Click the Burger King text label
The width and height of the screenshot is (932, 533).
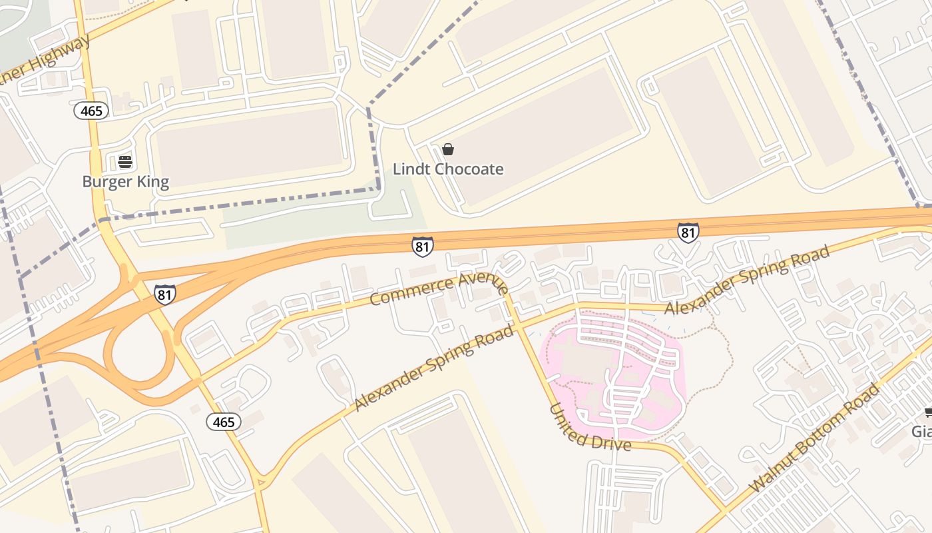(x=125, y=182)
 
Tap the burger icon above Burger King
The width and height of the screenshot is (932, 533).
(x=125, y=161)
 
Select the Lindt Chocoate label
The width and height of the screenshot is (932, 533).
(x=448, y=169)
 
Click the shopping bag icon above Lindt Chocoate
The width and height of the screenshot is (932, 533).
(x=448, y=149)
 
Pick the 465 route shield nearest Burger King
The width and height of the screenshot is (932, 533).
(x=91, y=111)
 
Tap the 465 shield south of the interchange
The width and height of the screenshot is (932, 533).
(x=223, y=422)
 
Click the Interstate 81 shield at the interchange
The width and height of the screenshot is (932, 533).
(x=165, y=294)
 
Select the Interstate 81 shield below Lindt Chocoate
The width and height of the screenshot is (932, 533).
(x=422, y=246)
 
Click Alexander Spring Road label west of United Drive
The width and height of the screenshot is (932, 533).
(x=434, y=367)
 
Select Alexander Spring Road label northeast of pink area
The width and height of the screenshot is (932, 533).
(x=747, y=280)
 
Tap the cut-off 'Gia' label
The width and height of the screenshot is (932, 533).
(x=921, y=432)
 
